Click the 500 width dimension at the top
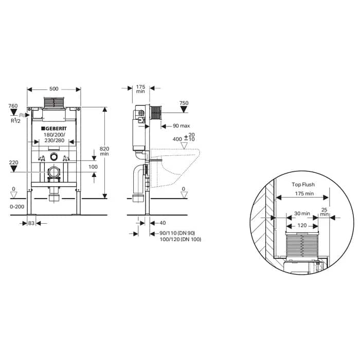(54, 88)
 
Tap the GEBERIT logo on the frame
(54, 128)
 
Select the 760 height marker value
(13, 106)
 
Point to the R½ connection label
(15, 120)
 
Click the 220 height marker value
(13, 162)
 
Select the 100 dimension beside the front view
(93, 167)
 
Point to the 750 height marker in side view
(184, 103)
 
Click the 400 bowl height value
(177, 139)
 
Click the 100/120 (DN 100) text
(176, 239)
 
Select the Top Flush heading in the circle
(302, 184)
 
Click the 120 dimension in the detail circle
(302, 225)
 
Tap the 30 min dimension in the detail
(302, 213)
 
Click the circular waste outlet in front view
(54, 172)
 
